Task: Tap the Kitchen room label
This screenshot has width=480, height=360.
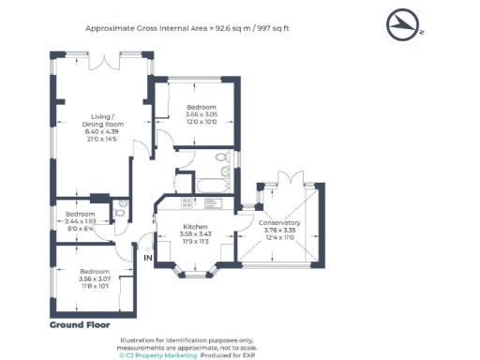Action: [194, 227]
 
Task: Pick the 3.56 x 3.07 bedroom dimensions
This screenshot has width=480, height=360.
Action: [95, 278]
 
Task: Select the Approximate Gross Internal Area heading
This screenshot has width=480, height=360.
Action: [187, 28]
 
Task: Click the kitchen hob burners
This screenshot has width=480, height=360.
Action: [187, 203]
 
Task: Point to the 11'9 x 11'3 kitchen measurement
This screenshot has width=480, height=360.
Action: [194, 241]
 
